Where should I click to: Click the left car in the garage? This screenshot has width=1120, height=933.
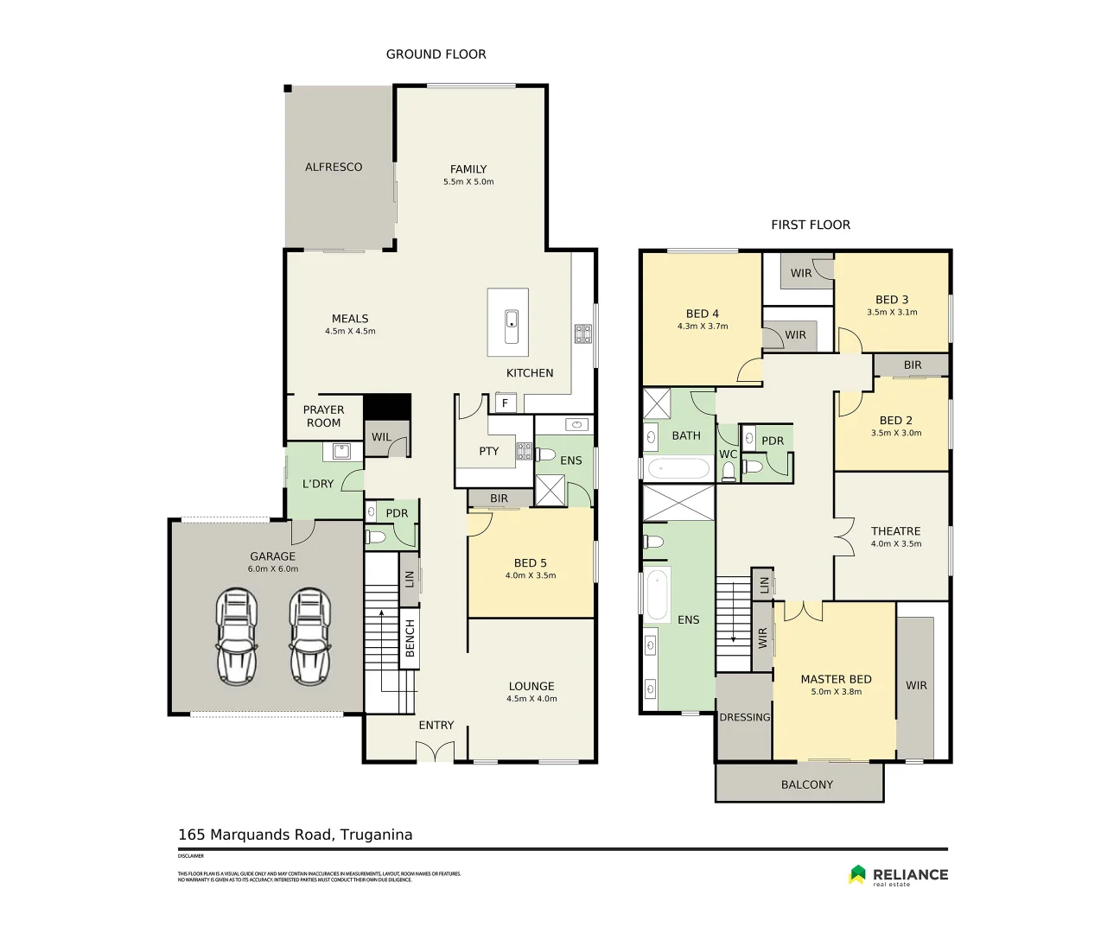[x=237, y=637]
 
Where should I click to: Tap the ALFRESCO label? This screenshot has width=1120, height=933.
[x=334, y=167]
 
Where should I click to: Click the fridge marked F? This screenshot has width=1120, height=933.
[x=505, y=403]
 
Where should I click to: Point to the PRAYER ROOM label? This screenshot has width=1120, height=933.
[x=323, y=416]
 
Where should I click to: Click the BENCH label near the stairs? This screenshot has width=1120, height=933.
[x=410, y=638]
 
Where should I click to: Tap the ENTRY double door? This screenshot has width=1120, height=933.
[x=436, y=753]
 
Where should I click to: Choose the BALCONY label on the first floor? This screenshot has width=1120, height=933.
[x=806, y=784]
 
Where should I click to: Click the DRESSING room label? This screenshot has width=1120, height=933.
[x=744, y=717]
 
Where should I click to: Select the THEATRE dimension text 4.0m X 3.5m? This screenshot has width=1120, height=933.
[x=895, y=544]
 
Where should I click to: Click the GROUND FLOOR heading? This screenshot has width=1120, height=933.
[x=436, y=54]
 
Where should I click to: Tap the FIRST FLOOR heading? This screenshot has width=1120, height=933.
[x=810, y=225]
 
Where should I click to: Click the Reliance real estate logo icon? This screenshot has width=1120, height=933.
[x=857, y=874]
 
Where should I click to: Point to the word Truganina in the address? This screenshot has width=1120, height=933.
[x=376, y=835]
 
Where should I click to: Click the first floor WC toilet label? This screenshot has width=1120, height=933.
[x=728, y=454]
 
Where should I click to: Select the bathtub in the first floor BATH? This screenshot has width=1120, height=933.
[x=678, y=469]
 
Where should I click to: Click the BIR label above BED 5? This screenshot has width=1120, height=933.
[x=499, y=498]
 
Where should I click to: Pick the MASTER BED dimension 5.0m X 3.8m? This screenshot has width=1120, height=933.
[x=836, y=692]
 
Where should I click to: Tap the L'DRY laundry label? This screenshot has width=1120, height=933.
[x=317, y=484]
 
